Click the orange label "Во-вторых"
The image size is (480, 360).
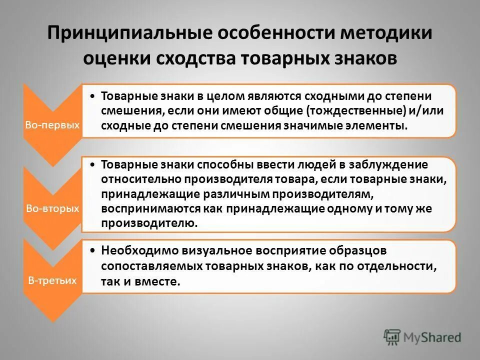[x=52, y=208]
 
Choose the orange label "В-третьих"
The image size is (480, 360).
[x=52, y=280]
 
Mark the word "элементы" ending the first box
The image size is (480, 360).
[x=380, y=125]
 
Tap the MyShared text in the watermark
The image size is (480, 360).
[x=433, y=337]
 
